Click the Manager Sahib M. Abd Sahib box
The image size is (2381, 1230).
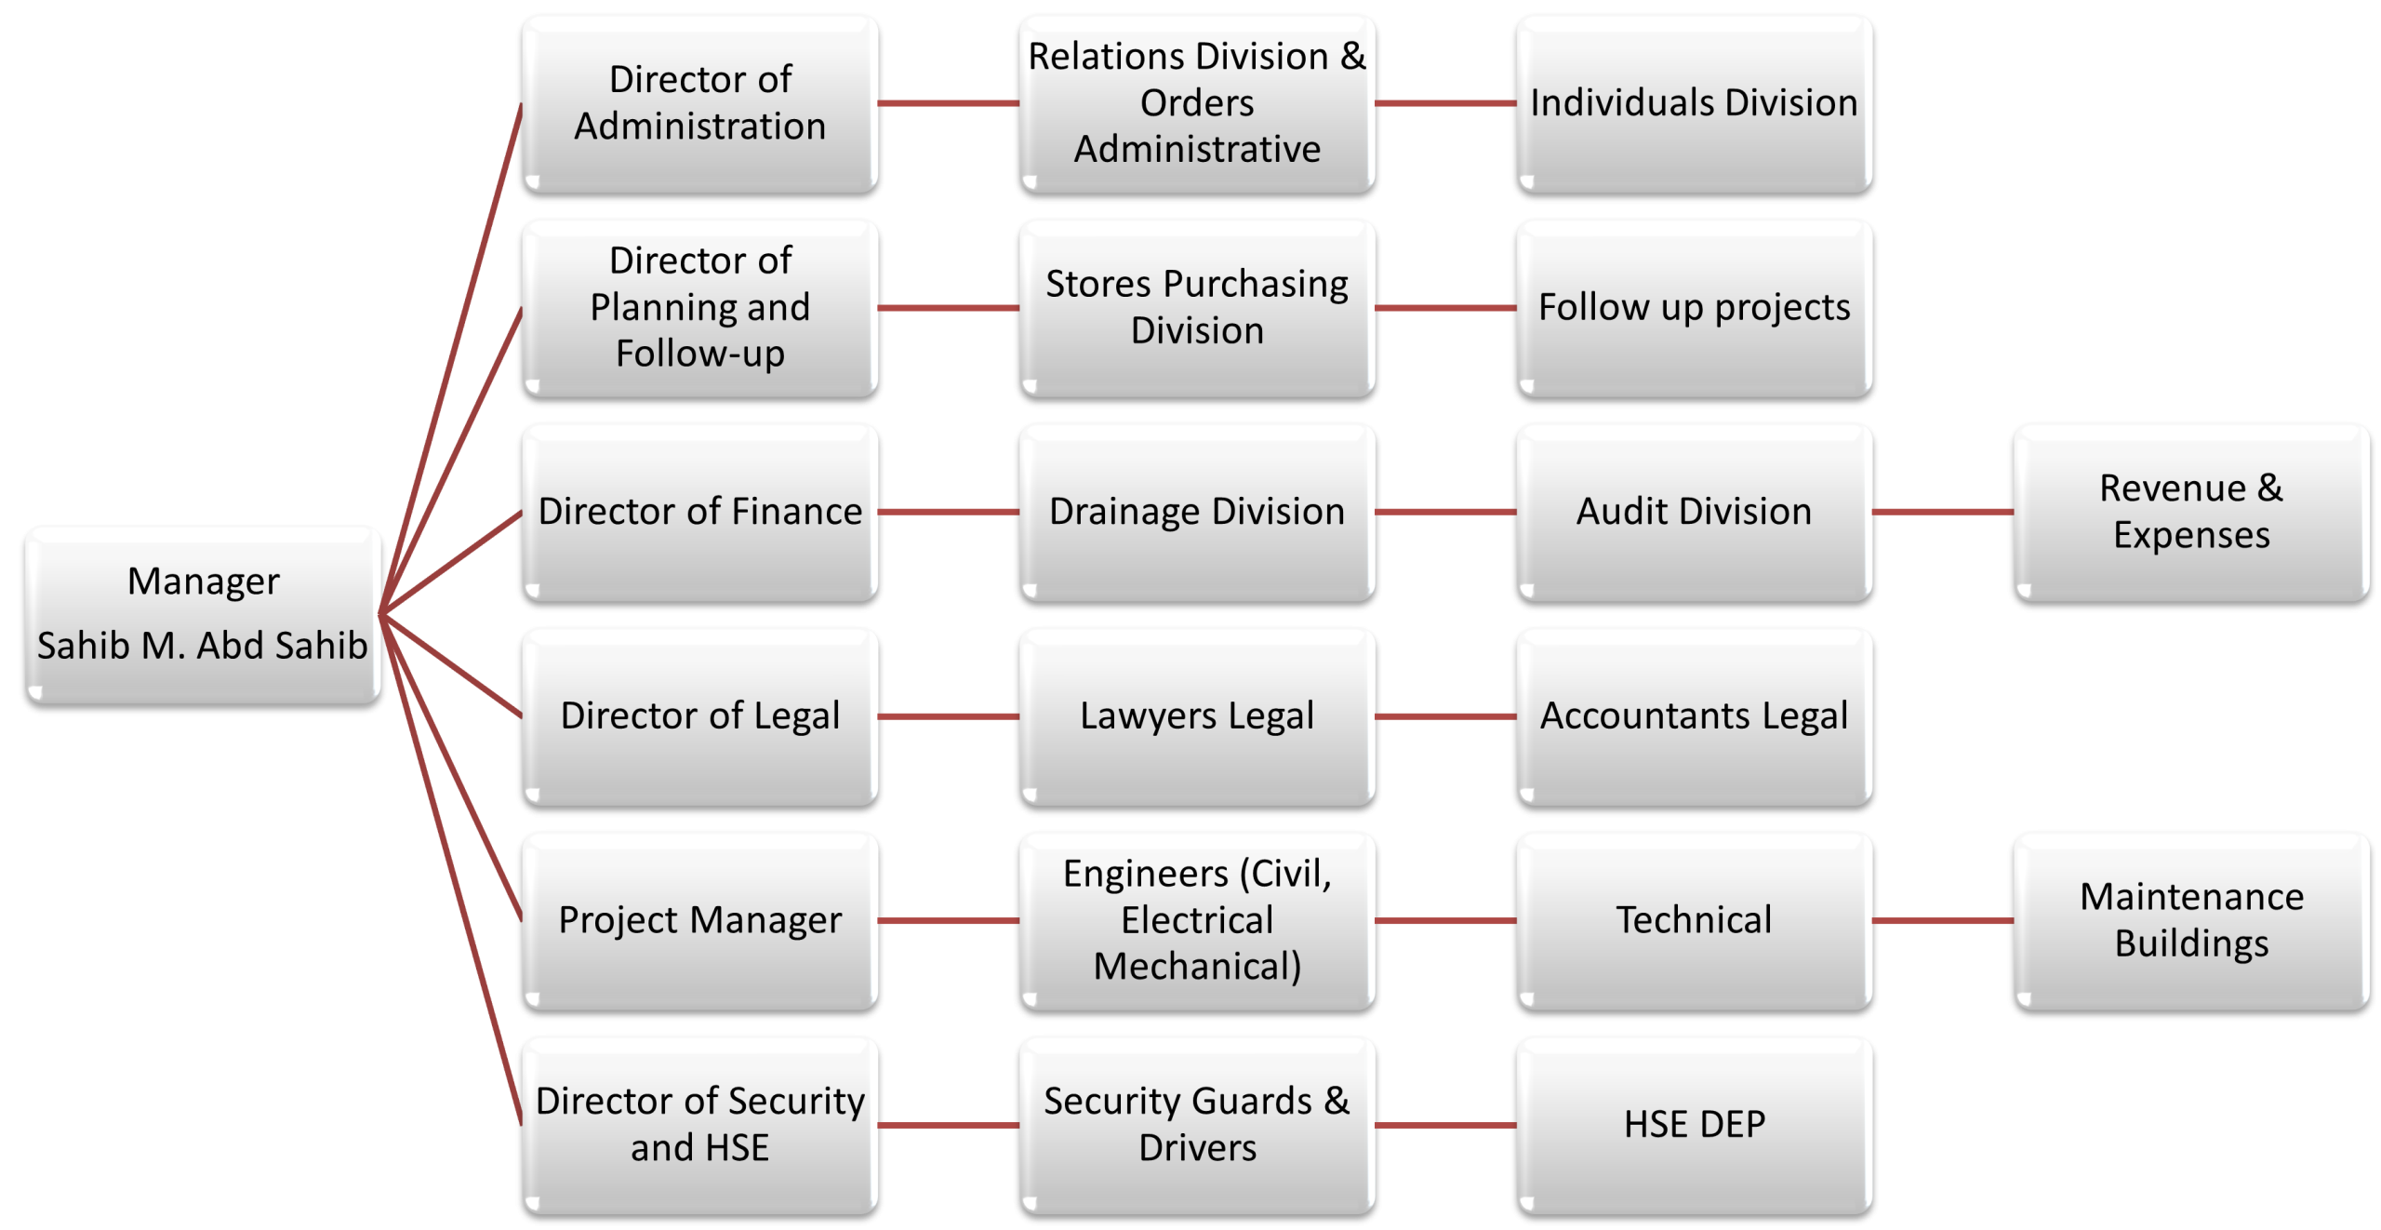pyautogui.click(x=203, y=613)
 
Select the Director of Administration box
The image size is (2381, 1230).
pyautogui.click(x=699, y=102)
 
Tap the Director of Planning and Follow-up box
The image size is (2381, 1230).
pyautogui.click(x=699, y=307)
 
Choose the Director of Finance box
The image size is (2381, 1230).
pyautogui.click(x=699, y=512)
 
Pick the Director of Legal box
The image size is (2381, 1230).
pyautogui.click(x=699, y=715)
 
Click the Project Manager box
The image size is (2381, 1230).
pyautogui.click(x=699, y=920)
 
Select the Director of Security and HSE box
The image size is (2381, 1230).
pyautogui.click(x=699, y=1124)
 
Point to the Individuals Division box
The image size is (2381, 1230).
pyautogui.click(x=1694, y=102)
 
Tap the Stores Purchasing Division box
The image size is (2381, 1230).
pyautogui.click(x=1197, y=307)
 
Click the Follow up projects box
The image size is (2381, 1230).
pyautogui.click(x=1694, y=307)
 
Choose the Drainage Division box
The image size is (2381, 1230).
pyautogui.click(x=1197, y=512)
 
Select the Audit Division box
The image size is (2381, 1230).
pyautogui.click(x=1694, y=512)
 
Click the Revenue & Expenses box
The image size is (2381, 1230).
pyautogui.click(x=2190, y=512)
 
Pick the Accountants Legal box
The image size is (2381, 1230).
pyautogui.click(x=1694, y=715)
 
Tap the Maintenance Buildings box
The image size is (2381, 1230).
pyautogui.click(x=2190, y=920)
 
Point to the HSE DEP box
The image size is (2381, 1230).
pyautogui.click(x=1694, y=1124)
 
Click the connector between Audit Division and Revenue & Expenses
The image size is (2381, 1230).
pyautogui.click(x=1942, y=512)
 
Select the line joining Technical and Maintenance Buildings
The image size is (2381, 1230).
pyautogui.click(x=1942, y=921)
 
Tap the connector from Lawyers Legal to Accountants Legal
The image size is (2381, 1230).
pyautogui.click(x=1445, y=716)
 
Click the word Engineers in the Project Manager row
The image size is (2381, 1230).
pyautogui.click(x=1146, y=875)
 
